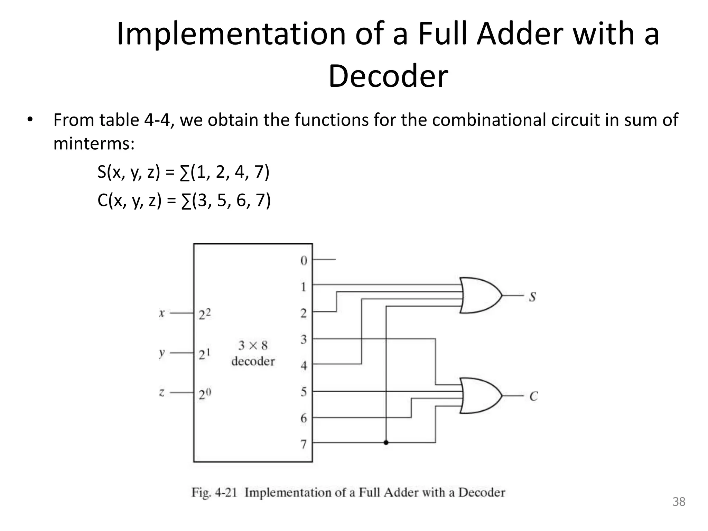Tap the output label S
point(532,297)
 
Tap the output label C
point(533,396)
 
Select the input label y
point(161,353)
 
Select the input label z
point(161,393)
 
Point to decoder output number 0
point(304,261)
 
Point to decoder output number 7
point(304,444)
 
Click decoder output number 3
point(304,339)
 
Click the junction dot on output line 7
point(386,442)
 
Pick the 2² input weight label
point(205,314)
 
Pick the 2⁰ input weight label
point(205,394)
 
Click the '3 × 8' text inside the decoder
point(253,345)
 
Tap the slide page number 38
point(679,502)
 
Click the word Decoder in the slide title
point(388,76)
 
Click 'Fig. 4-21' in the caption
point(214,492)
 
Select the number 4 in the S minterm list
point(239,172)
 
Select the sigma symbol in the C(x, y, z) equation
point(186,201)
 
